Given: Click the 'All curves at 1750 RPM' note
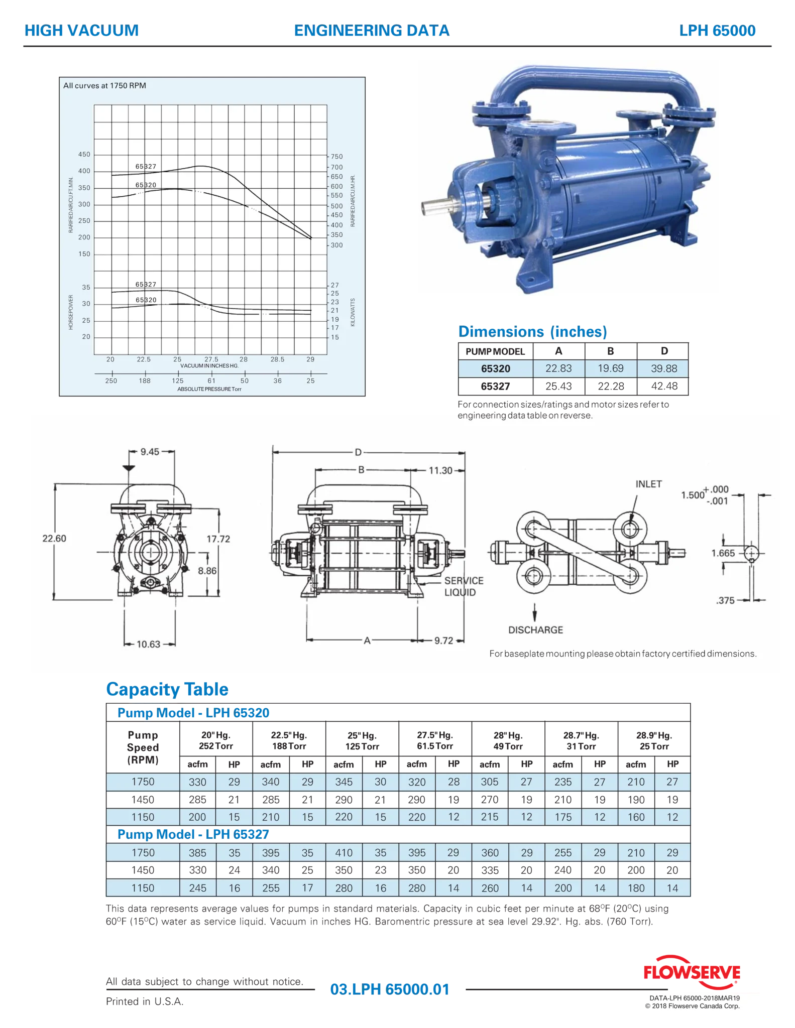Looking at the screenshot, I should tap(104, 86).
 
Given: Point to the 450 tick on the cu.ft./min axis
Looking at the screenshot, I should tap(84, 155).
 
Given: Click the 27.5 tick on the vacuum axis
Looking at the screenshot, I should tap(211, 359).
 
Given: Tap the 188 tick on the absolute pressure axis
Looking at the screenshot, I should tap(145, 381).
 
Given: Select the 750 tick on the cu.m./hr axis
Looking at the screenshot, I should tap(337, 157).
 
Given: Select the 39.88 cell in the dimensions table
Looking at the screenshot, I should tap(664, 368).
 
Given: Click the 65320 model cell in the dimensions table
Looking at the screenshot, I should tap(495, 368).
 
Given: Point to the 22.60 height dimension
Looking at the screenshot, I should tap(54, 539).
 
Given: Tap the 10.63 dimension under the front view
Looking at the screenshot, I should tap(148, 645).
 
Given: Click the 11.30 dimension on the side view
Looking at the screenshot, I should tap(440, 471).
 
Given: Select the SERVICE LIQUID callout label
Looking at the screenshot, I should tap(464, 586).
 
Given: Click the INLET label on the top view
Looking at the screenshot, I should tap(648, 484).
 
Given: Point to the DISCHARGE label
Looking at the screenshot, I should tap(535, 630).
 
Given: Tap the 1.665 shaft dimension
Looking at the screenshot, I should tap(723, 553).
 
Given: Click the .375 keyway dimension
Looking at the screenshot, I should tap(725, 600).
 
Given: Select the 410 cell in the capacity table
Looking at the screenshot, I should tap(344, 853).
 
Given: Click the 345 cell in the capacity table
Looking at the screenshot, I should tap(344, 782).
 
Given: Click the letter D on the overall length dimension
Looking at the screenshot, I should tap(358, 452).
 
